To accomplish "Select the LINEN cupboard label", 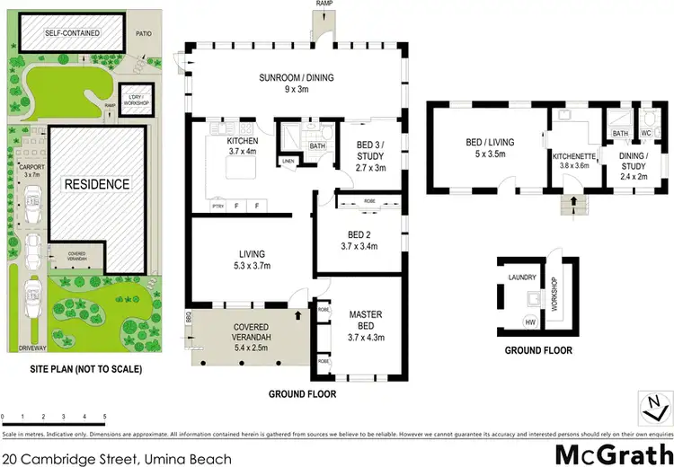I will (288, 162).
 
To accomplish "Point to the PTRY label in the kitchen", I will (217, 206).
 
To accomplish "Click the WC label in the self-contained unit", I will (646, 133).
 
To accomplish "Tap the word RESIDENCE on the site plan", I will (96, 184).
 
